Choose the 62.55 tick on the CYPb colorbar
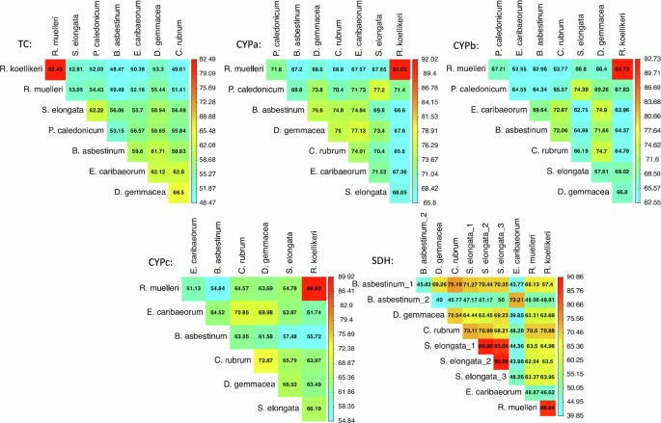tap(644, 201)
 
